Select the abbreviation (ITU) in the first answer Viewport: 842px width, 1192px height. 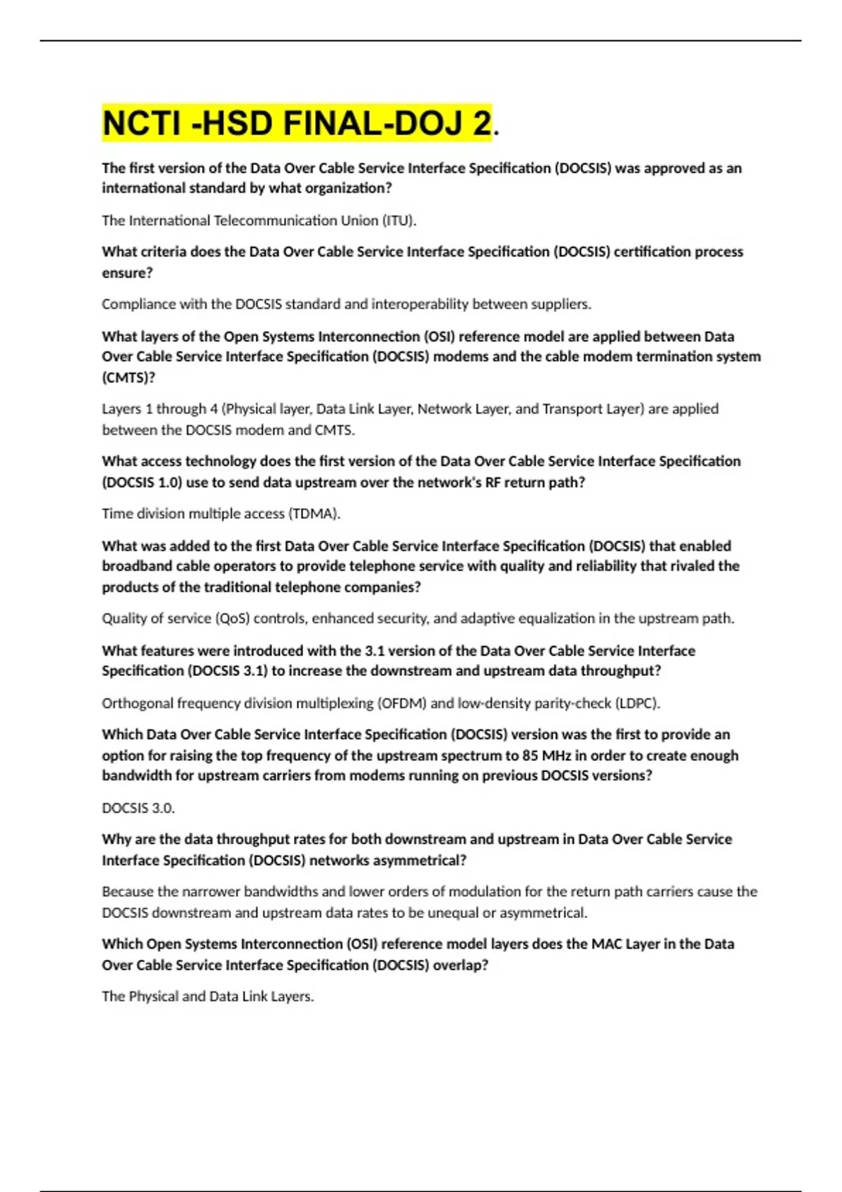[399, 220]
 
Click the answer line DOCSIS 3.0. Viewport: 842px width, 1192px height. [138, 808]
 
